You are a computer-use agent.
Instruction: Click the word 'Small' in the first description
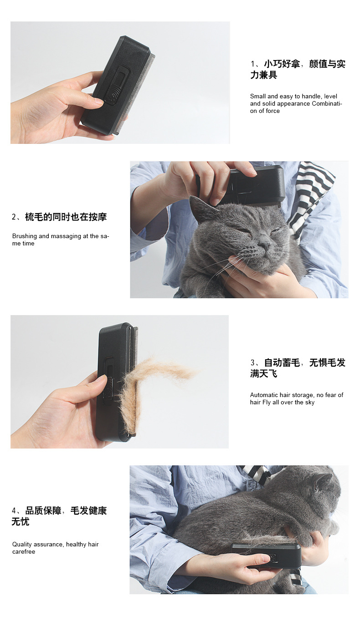click(x=258, y=96)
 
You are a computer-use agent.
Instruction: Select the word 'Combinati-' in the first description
click(x=327, y=103)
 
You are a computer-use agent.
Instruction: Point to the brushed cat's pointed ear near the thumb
click(x=200, y=208)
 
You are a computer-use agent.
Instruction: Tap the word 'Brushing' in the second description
click(x=25, y=236)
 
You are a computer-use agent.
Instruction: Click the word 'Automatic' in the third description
click(x=264, y=395)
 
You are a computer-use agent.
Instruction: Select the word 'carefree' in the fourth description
click(x=24, y=552)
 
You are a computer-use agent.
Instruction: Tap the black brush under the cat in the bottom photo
click(x=266, y=556)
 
